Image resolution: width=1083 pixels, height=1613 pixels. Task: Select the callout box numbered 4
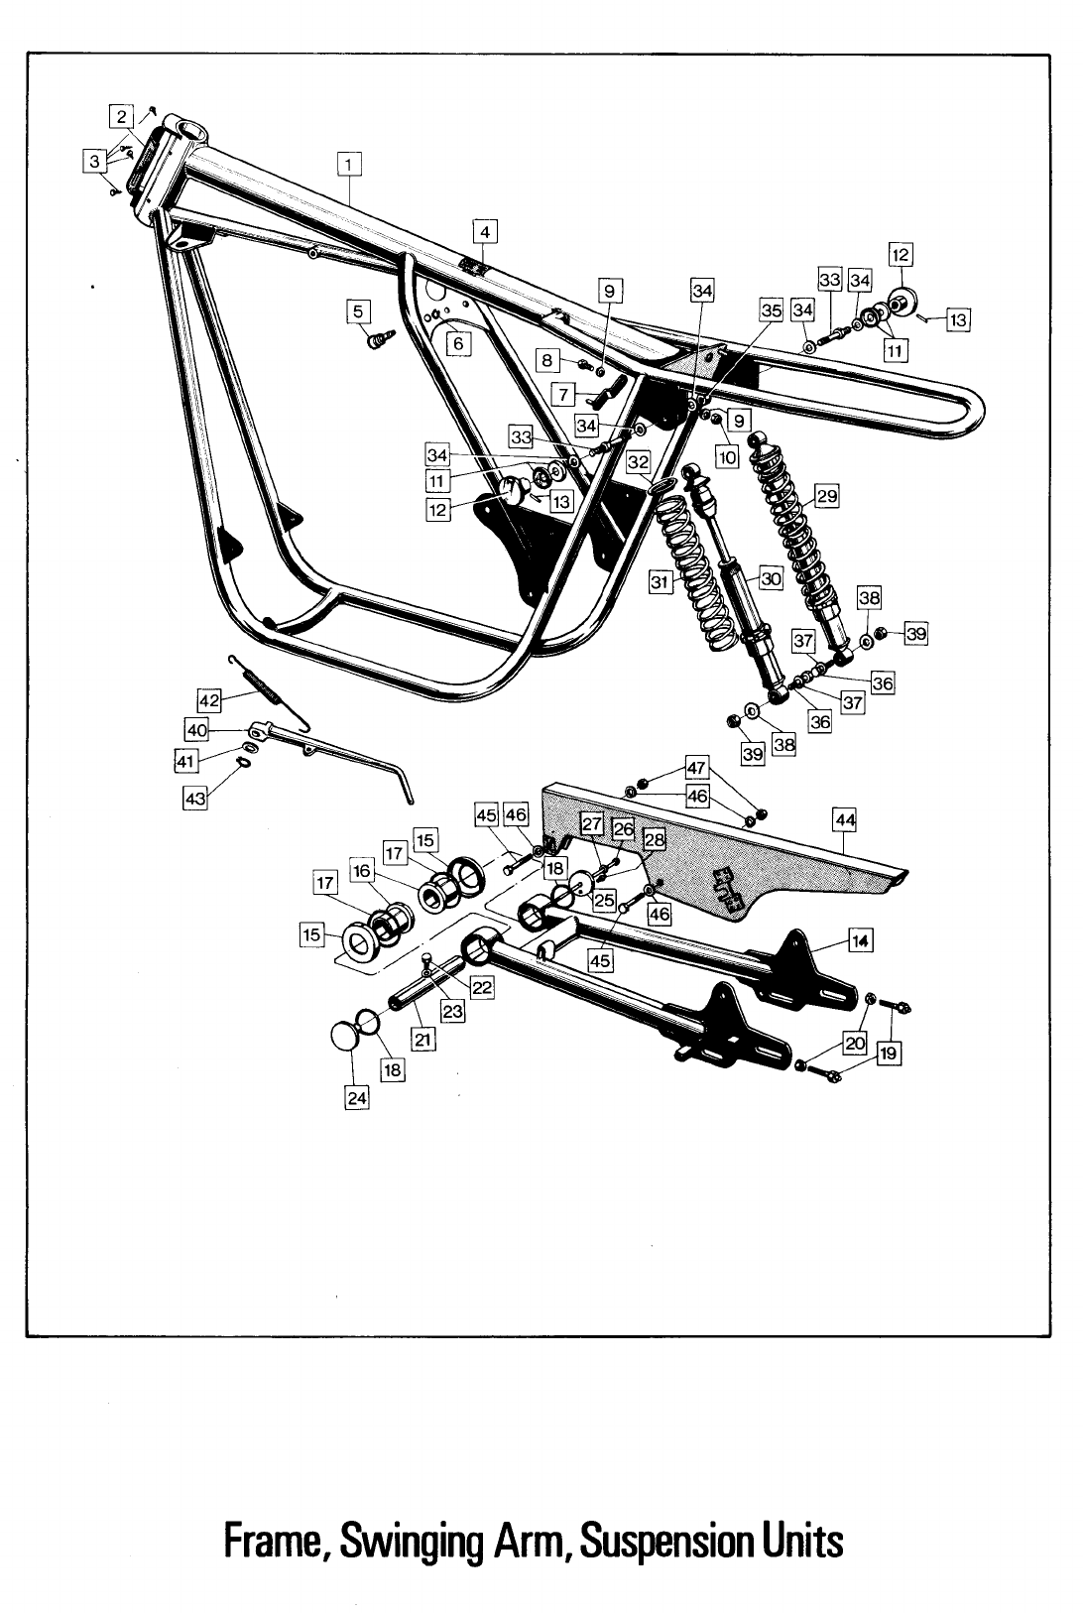(485, 232)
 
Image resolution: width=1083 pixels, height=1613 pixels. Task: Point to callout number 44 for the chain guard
(845, 820)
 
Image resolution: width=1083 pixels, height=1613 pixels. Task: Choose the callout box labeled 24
(356, 1098)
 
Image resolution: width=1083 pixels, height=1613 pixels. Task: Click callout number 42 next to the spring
(209, 700)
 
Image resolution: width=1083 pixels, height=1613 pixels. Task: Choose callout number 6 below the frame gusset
(457, 343)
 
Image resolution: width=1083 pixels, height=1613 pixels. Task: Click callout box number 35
(771, 310)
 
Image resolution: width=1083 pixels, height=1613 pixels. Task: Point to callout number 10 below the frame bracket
(727, 457)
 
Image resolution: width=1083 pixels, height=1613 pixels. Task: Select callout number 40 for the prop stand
(197, 730)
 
